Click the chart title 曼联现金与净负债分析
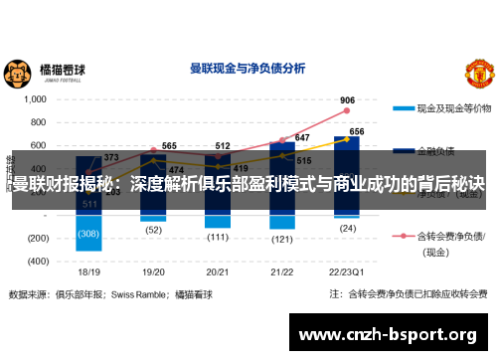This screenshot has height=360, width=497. (x=248, y=69)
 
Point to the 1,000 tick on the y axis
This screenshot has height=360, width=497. (x=35, y=99)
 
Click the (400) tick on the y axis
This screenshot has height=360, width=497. (x=37, y=262)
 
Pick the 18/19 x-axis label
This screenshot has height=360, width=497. (x=89, y=271)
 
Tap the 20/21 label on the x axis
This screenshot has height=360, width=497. (x=219, y=271)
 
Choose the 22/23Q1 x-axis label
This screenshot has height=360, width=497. (x=346, y=271)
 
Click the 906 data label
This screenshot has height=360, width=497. (x=347, y=100)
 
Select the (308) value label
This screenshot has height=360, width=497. (x=89, y=234)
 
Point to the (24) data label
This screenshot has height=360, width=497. (x=347, y=228)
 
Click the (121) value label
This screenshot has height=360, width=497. (x=282, y=239)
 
